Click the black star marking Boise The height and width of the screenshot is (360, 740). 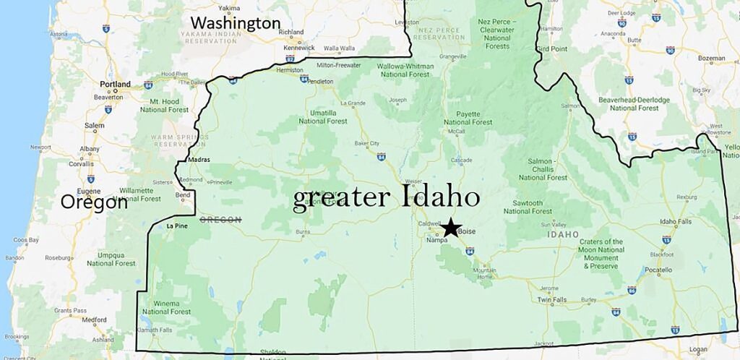tap(451, 227)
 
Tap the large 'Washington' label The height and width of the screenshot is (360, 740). tap(236, 23)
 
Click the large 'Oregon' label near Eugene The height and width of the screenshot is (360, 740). tap(94, 202)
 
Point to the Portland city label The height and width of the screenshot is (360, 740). tap(116, 85)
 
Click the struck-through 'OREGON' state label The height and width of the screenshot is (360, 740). tap(220, 220)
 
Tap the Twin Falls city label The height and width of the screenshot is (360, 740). tap(552, 299)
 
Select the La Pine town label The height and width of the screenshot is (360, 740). tap(176, 226)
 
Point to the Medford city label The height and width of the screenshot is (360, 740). tap(94, 320)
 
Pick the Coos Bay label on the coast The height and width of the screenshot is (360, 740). tap(26, 239)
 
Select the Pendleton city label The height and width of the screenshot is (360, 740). tap(321, 82)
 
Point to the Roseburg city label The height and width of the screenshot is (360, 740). tap(59, 257)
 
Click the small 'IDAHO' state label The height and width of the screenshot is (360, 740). tap(562, 234)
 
